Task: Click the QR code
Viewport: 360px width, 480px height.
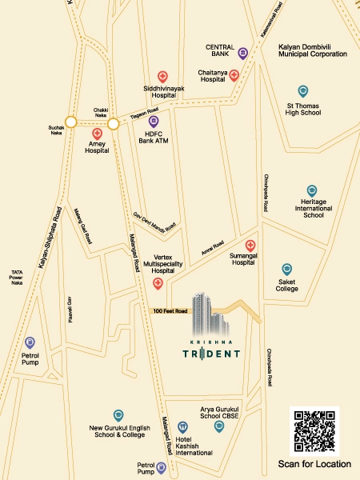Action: click(314, 432)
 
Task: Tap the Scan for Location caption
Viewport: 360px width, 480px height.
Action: click(314, 464)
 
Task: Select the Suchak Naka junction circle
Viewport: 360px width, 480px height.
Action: click(70, 122)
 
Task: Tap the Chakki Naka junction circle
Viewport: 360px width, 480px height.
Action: click(113, 123)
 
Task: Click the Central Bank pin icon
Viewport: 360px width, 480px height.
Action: click(242, 54)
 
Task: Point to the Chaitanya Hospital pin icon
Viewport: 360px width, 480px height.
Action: click(234, 75)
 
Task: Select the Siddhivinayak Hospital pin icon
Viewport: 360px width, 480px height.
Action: click(163, 76)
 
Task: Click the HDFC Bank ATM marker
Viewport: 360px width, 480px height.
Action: click(154, 122)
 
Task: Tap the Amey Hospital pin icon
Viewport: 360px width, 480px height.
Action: click(97, 134)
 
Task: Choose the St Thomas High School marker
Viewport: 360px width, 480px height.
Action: click(302, 91)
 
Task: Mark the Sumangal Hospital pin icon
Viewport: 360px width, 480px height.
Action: click(250, 245)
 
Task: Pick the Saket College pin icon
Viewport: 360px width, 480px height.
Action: click(287, 269)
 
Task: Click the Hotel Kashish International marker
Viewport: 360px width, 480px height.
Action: click(183, 426)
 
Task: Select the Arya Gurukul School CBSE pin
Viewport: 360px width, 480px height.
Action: click(218, 426)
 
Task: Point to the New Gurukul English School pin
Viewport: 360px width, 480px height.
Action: click(118, 415)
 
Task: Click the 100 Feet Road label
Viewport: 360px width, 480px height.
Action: click(170, 310)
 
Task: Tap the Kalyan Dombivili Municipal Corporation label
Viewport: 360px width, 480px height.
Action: click(312, 50)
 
